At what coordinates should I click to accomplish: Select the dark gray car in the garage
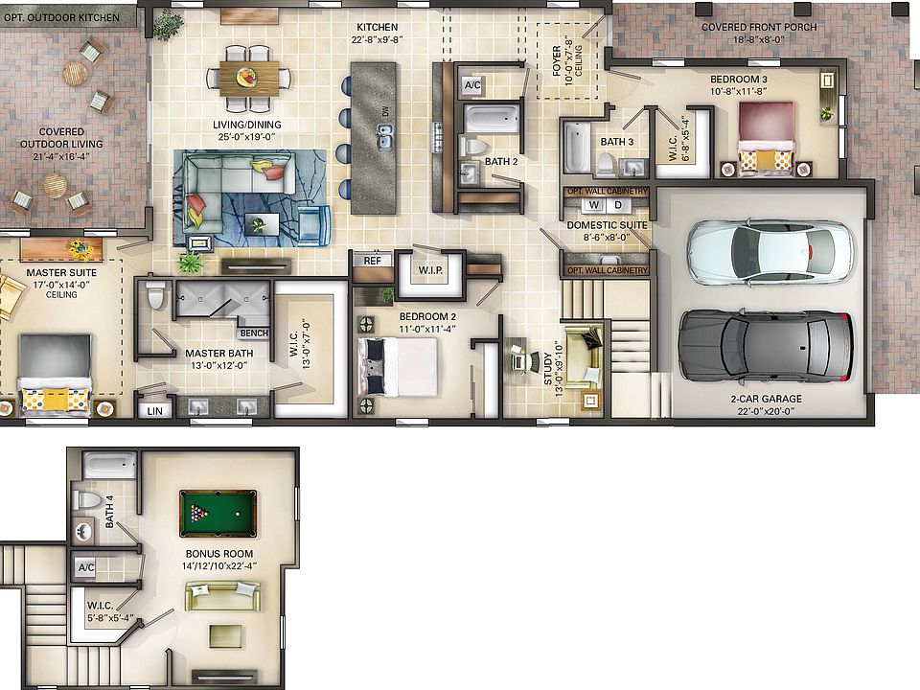pos(766,344)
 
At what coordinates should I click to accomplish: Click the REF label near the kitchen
pos(371,260)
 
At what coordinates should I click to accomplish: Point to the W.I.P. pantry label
pos(430,270)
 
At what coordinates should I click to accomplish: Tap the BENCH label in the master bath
pos(254,333)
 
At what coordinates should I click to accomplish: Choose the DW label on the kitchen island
pos(386,113)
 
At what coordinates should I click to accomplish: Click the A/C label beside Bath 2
pos(472,85)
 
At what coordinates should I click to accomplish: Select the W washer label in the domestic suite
pos(594,204)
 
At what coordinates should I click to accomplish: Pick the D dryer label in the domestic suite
pos(618,204)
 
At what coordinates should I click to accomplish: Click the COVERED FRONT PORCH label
pos(759,27)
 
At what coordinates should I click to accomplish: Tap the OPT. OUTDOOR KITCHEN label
pos(62,17)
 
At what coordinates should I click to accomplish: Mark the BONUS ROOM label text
pos(219,554)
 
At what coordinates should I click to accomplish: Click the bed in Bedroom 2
pos(399,366)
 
